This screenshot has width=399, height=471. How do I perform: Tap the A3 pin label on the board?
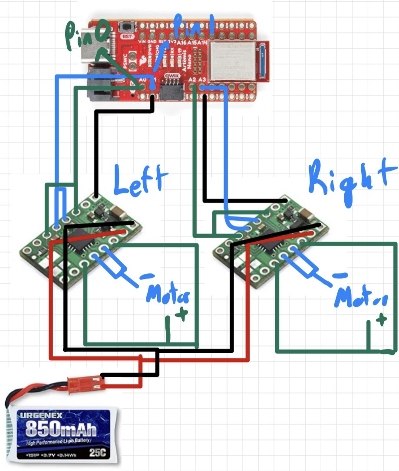tap(202, 80)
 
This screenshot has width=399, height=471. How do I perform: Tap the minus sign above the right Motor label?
tap(343, 275)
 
